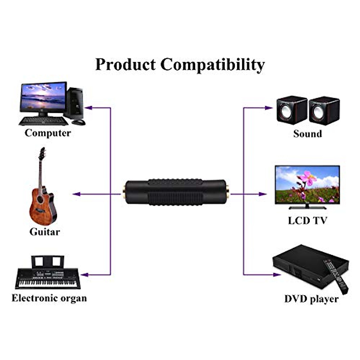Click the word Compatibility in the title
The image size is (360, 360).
[212, 64]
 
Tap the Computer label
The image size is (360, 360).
[48, 133]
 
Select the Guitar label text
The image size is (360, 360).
[44, 232]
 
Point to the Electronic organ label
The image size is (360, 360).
[49, 298]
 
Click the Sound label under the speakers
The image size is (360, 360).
[307, 133]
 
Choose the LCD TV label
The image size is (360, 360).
[307, 220]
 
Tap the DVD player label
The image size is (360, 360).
[311, 299]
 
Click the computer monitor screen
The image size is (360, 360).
[43, 97]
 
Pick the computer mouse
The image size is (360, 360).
[79, 122]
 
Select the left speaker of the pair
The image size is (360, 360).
[291, 110]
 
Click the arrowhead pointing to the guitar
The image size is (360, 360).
[76, 194]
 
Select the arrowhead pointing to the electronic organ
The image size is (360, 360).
[84, 274]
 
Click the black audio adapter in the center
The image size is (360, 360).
[176, 193]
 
